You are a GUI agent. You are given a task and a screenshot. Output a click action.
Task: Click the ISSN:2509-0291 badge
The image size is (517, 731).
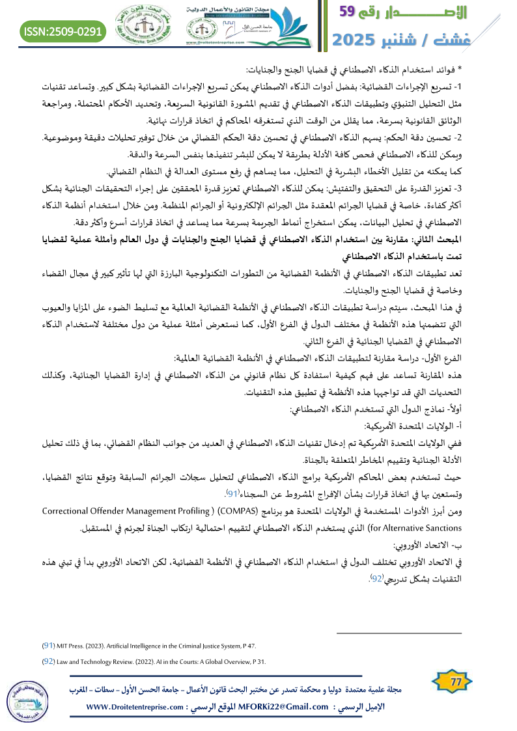point(63,31)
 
